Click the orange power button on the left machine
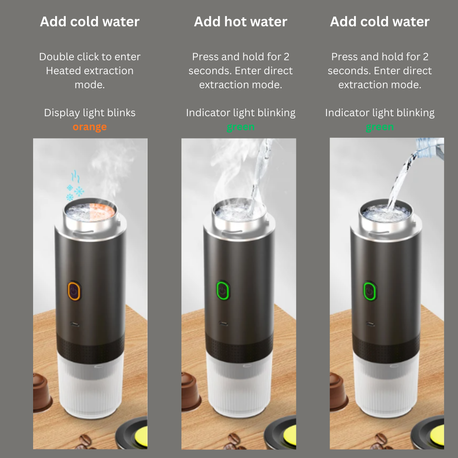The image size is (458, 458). tap(74, 291)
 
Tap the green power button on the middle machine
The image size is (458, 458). tap(222, 291)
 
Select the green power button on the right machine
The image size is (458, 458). tap(370, 291)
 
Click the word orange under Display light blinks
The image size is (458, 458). tap(89, 127)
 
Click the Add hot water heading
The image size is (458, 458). tap(240, 22)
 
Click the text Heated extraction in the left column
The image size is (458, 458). tap(89, 71)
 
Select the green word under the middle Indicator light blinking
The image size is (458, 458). tap(240, 127)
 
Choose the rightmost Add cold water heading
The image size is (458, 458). tap(380, 22)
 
